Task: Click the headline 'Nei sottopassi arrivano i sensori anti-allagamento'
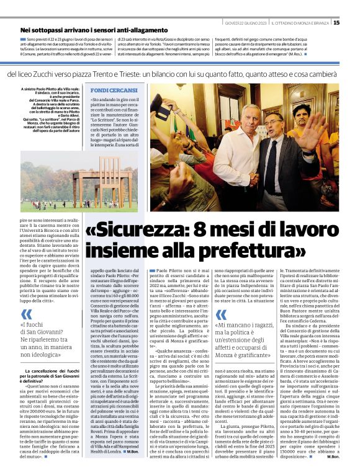(x=97, y=30)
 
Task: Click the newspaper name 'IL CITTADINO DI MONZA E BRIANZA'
(x=301, y=23)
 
